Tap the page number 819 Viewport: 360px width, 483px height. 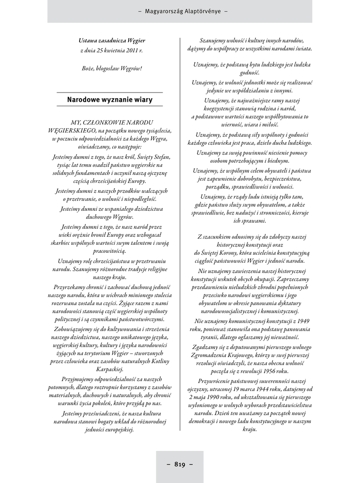point(180,464)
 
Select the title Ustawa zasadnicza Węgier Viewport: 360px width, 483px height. point(112,41)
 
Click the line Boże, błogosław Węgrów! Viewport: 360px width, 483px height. point(112,68)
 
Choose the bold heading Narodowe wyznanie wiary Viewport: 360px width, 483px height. point(110,100)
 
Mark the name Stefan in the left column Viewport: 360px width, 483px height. point(161,157)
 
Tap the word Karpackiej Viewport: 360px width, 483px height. point(110,369)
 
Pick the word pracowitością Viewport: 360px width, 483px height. point(110,251)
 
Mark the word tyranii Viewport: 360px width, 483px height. point(210,337)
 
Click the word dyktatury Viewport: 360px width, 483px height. point(289,303)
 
